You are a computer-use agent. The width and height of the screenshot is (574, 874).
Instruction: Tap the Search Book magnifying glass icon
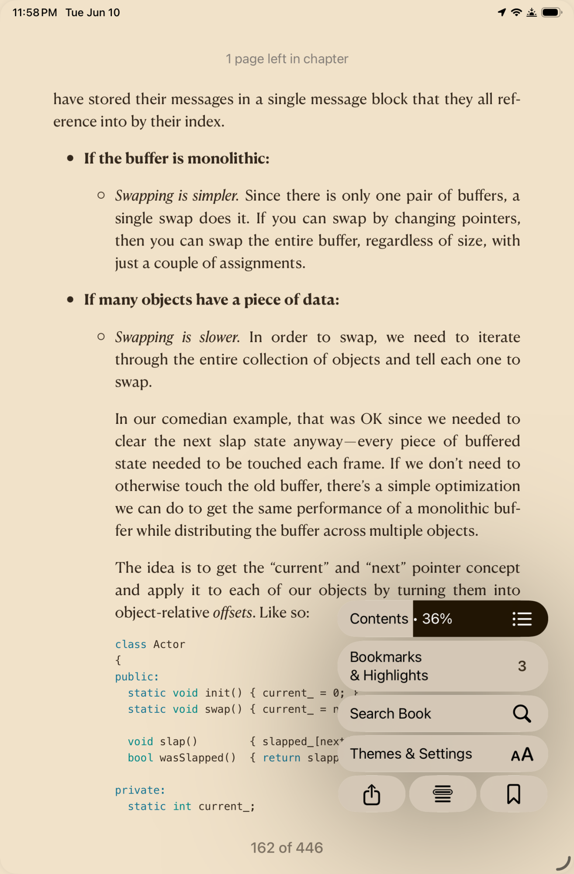[x=522, y=714]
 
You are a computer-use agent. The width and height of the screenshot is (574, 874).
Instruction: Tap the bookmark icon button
[x=513, y=794]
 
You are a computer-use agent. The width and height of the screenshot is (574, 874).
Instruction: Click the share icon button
[x=372, y=794]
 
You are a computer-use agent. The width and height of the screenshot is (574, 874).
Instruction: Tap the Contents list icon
[x=522, y=619]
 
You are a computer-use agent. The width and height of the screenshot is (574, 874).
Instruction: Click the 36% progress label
[x=437, y=619]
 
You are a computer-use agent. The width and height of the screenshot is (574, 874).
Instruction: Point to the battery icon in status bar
[x=551, y=12]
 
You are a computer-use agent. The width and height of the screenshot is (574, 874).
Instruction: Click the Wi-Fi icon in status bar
[x=516, y=12]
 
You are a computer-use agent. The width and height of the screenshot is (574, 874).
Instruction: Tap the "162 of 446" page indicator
[x=287, y=848]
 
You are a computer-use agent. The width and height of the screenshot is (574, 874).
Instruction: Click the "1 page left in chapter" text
[x=287, y=59]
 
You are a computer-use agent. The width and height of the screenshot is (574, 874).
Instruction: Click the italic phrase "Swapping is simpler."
[x=177, y=196]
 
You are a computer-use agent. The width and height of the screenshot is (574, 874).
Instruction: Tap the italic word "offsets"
[x=232, y=613]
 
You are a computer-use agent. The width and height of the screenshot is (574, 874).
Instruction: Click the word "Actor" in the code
[x=169, y=644]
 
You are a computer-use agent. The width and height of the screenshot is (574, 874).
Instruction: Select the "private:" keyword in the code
[x=140, y=790]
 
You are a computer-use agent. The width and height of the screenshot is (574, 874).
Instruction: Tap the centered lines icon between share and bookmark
[x=443, y=794]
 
